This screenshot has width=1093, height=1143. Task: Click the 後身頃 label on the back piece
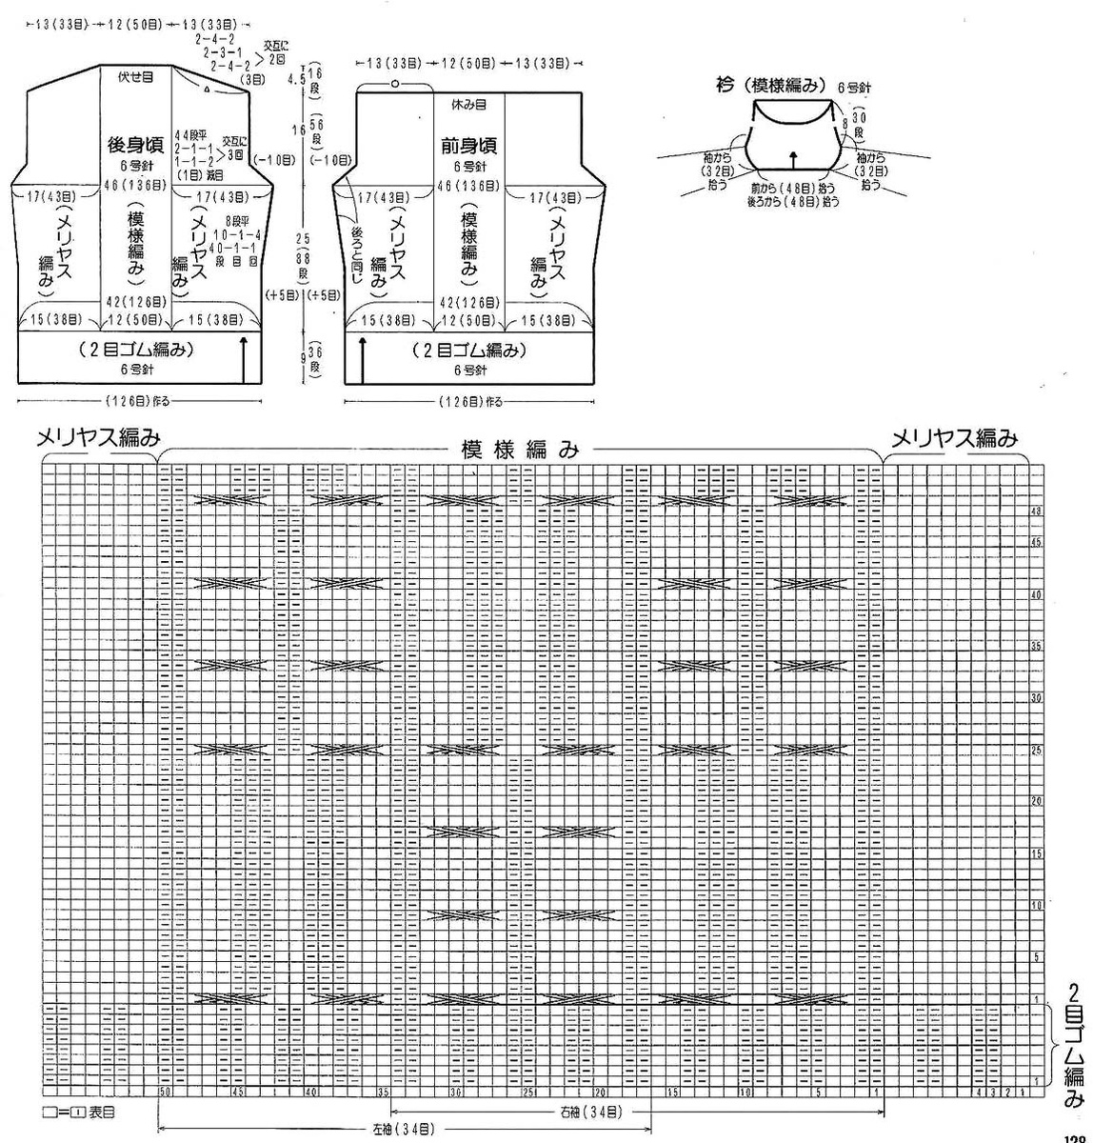[x=136, y=145]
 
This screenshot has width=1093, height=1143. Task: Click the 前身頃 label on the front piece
[x=468, y=146]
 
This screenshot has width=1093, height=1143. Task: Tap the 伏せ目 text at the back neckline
[x=136, y=76]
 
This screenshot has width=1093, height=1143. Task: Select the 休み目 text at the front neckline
[x=469, y=103]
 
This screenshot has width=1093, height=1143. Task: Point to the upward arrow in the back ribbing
[x=246, y=358]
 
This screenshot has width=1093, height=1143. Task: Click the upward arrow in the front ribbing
[x=363, y=358]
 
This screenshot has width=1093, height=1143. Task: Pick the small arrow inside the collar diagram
[x=794, y=157]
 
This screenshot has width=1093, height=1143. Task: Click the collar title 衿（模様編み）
[x=768, y=84]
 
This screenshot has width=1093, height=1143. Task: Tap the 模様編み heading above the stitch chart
[x=520, y=450]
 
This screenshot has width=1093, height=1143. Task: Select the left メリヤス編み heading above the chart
[x=98, y=438]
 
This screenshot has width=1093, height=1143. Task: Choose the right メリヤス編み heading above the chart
[x=954, y=438]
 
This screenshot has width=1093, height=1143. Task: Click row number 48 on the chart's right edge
[x=1036, y=512]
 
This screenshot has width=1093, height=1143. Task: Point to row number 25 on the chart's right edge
[x=1036, y=751]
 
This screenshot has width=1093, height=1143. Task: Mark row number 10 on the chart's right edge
[x=1036, y=905]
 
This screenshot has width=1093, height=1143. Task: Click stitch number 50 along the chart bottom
[x=166, y=1092]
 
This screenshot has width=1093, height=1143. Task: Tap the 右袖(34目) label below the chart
[x=591, y=1112]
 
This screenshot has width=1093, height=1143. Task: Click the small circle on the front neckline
[x=393, y=85]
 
